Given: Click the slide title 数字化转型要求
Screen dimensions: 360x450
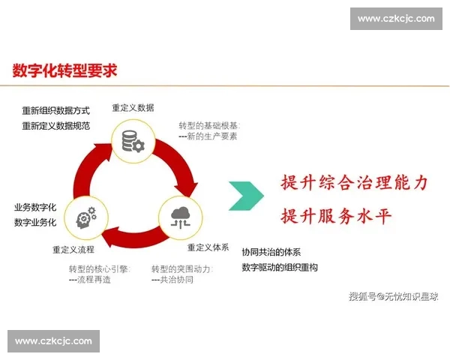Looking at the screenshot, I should click(x=64, y=71).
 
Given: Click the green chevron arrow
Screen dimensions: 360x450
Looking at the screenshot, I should click(x=246, y=196).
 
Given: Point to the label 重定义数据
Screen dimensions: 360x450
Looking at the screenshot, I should click(x=133, y=108).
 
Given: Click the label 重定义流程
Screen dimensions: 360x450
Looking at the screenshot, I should click(x=73, y=249).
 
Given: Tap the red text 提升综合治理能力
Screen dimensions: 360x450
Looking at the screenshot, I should click(x=354, y=183).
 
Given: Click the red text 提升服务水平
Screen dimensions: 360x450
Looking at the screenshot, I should click(x=336, y=217).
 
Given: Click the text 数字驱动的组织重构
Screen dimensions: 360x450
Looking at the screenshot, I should click(x=280, y=267).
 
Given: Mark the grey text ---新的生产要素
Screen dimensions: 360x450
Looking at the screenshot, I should click(x=208, y=136).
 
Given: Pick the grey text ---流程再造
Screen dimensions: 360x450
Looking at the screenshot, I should click(x=89, y=280).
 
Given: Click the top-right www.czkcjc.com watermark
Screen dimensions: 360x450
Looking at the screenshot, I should click(x=396, y=19).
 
